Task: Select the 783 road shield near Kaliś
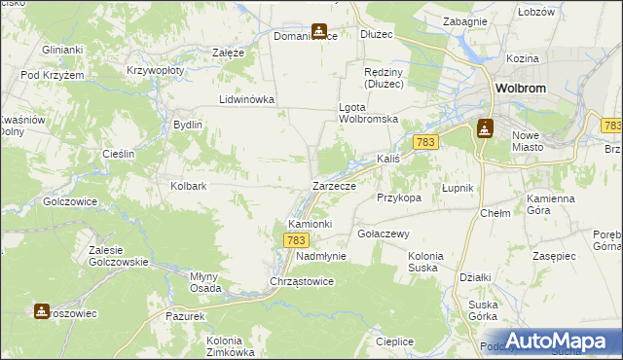click(424, 142)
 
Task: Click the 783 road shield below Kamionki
click(298, 239)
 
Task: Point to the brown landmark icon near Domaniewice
click(318, 32)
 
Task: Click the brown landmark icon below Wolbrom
click(486, 128)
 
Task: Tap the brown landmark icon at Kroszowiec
click(41, 311)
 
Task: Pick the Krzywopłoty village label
click(156, 71)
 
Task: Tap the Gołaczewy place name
click(383, 234)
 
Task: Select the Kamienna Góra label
click(551, 203)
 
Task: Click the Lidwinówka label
click(247, 99)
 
